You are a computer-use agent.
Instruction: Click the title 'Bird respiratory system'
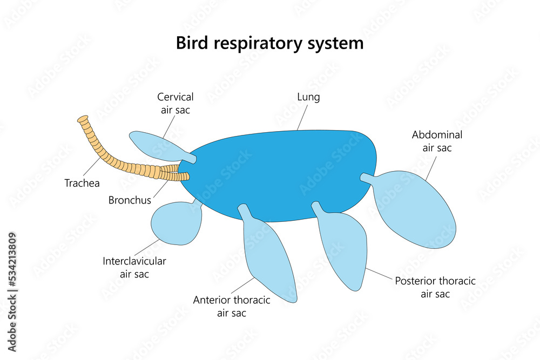(x=269, y=43)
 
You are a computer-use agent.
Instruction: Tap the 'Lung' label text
(x=308, y=98)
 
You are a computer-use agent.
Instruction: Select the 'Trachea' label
(x=82, y=184)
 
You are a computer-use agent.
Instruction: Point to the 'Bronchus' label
(x=130, y=200)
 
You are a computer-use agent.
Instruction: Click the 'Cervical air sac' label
(x=175, y=103)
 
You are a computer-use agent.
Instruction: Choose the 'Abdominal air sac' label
(x=437, y=141)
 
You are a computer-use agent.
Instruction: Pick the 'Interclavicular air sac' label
(x=134, y=268)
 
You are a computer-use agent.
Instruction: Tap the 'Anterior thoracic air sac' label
(x=232, y=306)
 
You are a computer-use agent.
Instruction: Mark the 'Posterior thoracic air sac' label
(x=435, y=287)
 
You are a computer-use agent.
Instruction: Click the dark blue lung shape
(x=281, y=173)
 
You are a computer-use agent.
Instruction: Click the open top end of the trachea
(x=82, y=119)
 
